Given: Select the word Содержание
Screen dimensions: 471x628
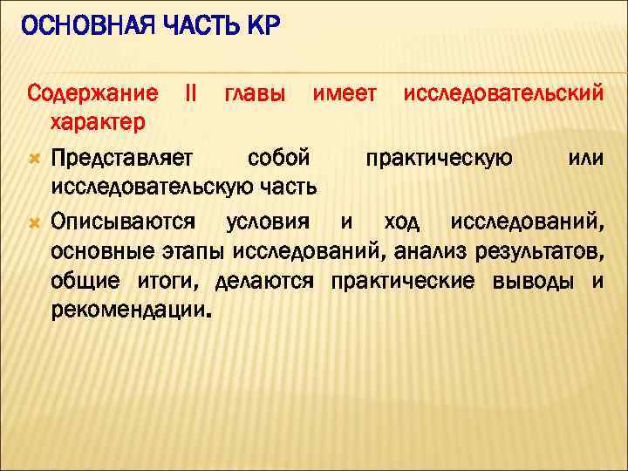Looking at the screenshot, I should point(92,92).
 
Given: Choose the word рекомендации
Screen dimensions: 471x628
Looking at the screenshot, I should point(131,311).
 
